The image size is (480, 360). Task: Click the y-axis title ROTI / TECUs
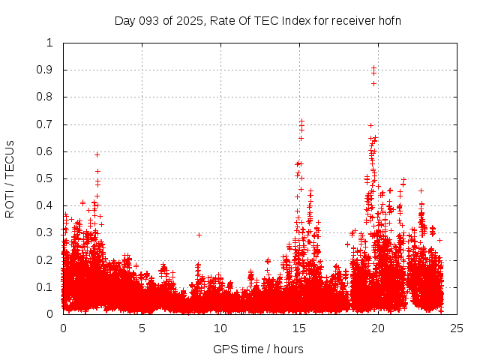click(x=10, y=178)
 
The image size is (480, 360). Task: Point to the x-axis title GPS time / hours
click(x=259, y=349)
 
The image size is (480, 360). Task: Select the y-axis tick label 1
click(x=50, y=43)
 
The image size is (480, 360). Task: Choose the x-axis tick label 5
click(x=142, y=328)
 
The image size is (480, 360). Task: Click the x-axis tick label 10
click(x=220, y=328)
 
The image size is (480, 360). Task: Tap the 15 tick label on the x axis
click(x=299, y=328)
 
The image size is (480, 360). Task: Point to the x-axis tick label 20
click(x=378, y=328)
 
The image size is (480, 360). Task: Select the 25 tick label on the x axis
click(x=457, y=328)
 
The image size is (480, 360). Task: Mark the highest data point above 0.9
click(x=373, y=67)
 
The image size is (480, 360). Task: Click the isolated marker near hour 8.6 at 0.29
click(x=199, y=235)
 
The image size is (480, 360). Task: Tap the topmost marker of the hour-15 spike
click(x=301, y=121)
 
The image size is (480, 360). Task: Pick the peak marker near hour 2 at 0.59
click(x=97, y=154)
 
